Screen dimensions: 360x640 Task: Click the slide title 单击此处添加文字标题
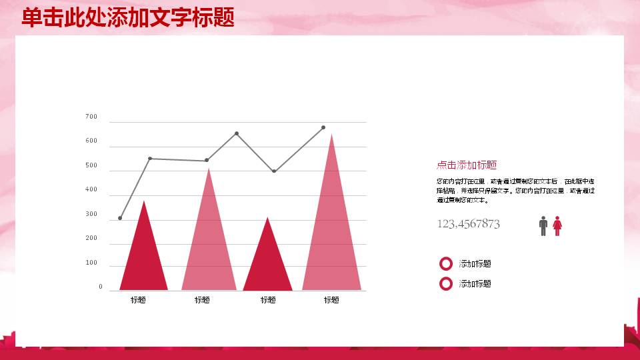[x=128, y=17]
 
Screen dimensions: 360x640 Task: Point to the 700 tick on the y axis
[x=91, y=117]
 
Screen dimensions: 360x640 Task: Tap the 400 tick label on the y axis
[x=91, y=190]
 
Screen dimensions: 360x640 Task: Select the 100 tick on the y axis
[x=91, y=263]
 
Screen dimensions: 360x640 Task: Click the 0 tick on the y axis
[x=101, y=287]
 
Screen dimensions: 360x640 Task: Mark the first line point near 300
[x=120, y=218]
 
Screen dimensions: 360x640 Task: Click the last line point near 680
[x=323, y=127]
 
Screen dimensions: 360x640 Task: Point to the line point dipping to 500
[x=273, y=171]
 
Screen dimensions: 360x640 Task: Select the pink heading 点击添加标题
[x=467, y=165]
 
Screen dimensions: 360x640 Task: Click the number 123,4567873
[x=468, y=224]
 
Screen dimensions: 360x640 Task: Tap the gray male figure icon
[x=543, y=226]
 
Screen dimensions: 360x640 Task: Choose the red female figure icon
[x=557, y=226]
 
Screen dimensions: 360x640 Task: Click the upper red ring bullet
[x=446, y=264]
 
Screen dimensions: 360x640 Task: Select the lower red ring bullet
[x=446, y=284]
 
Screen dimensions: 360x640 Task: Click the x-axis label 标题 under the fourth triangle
[x=331, y=300]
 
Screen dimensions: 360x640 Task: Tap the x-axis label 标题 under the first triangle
[x=138, y=300]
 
